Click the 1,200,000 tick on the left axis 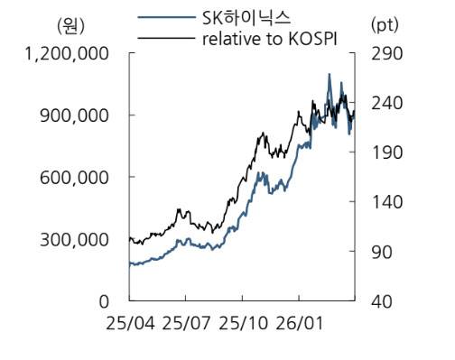(x=69, y=53)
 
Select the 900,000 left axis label (x=75, y=115)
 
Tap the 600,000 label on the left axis (x=75, y=178)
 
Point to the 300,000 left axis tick (x=75, y=240)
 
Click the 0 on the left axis (x=104, y=301)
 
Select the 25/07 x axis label (x=186, y=322)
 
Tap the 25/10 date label (x=242, y=322)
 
